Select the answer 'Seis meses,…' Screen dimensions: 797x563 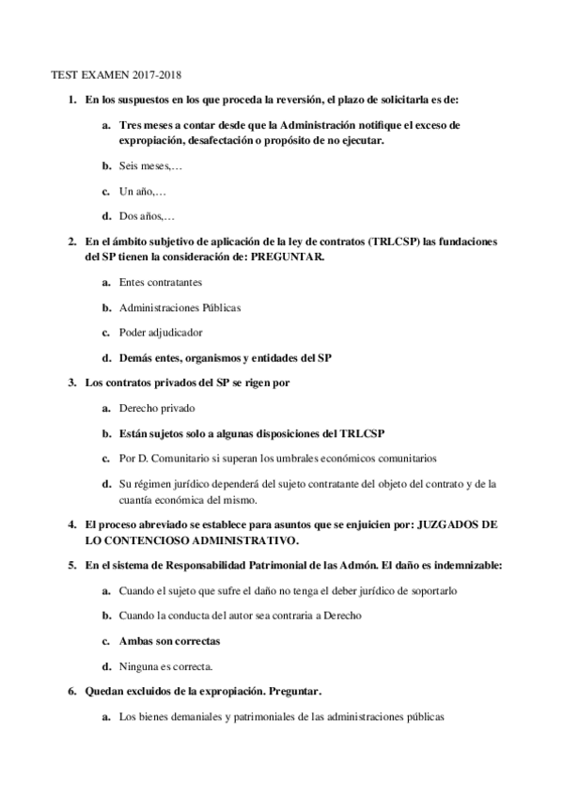(x=150, y=165)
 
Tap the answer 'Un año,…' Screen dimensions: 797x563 (x=142, y=191)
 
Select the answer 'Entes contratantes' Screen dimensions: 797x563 (x=160, y=281)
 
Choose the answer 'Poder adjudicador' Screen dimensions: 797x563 (x=160, y=332)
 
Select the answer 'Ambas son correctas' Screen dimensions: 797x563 (x=169, y=641)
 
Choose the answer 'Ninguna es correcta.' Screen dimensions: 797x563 (x=165, y=666)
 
